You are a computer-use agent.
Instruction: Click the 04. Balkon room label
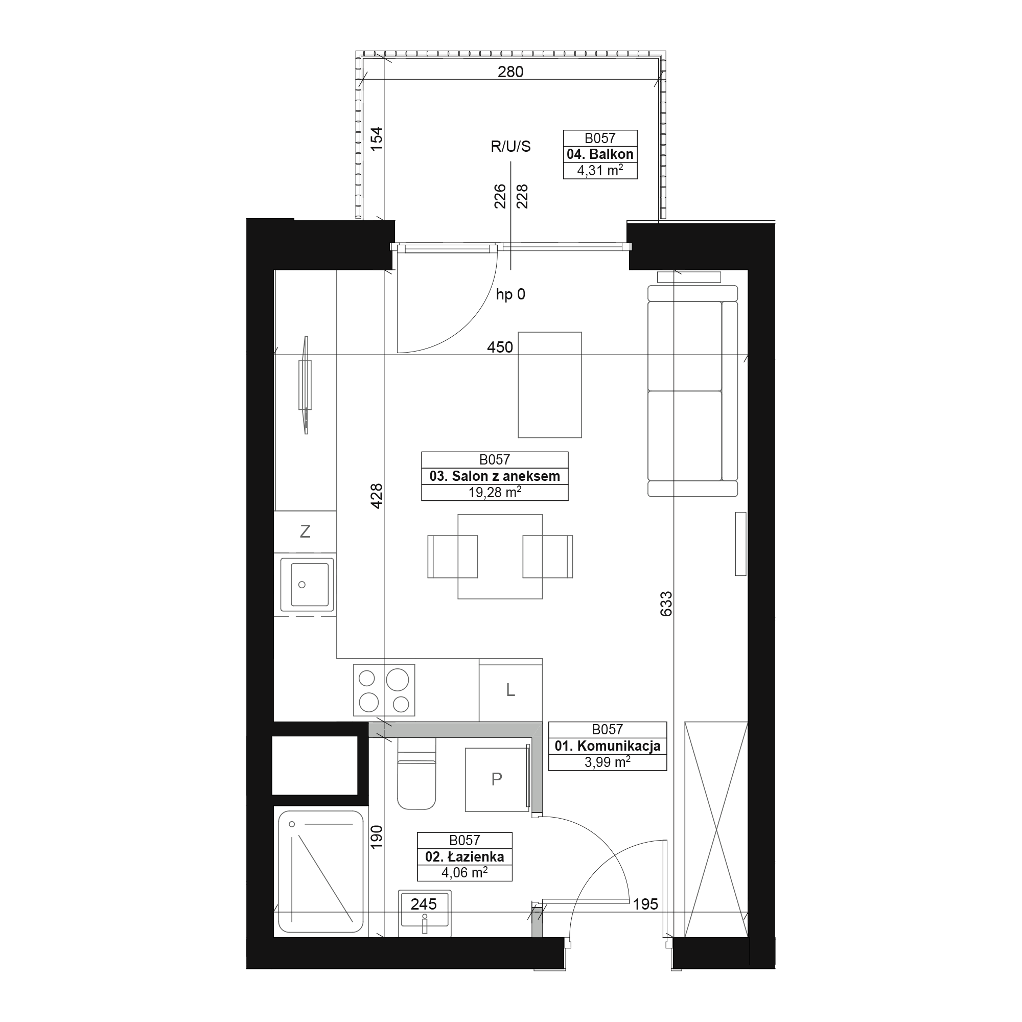(600, 154)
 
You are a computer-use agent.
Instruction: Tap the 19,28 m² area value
(495, 493)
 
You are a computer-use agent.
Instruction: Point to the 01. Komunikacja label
(607, 746)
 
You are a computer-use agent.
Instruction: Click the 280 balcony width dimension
(510, 72)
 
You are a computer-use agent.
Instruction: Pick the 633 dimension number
(666, 603)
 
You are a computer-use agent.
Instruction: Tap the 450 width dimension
(500, 347)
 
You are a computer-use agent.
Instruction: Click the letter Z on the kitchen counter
(305, 531)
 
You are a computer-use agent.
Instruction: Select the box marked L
(510, 690)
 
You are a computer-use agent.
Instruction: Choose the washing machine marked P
(497, 779)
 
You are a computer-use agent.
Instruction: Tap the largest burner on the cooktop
(397, 680)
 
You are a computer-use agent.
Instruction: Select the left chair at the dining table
(452, 556)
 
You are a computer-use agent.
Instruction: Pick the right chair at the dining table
(547, 556)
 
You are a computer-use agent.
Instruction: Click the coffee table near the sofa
(550, 385)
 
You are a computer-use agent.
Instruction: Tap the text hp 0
(510, 294)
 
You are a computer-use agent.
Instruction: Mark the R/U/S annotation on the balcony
(510, 147)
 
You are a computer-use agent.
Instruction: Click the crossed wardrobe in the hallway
(716, 829)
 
